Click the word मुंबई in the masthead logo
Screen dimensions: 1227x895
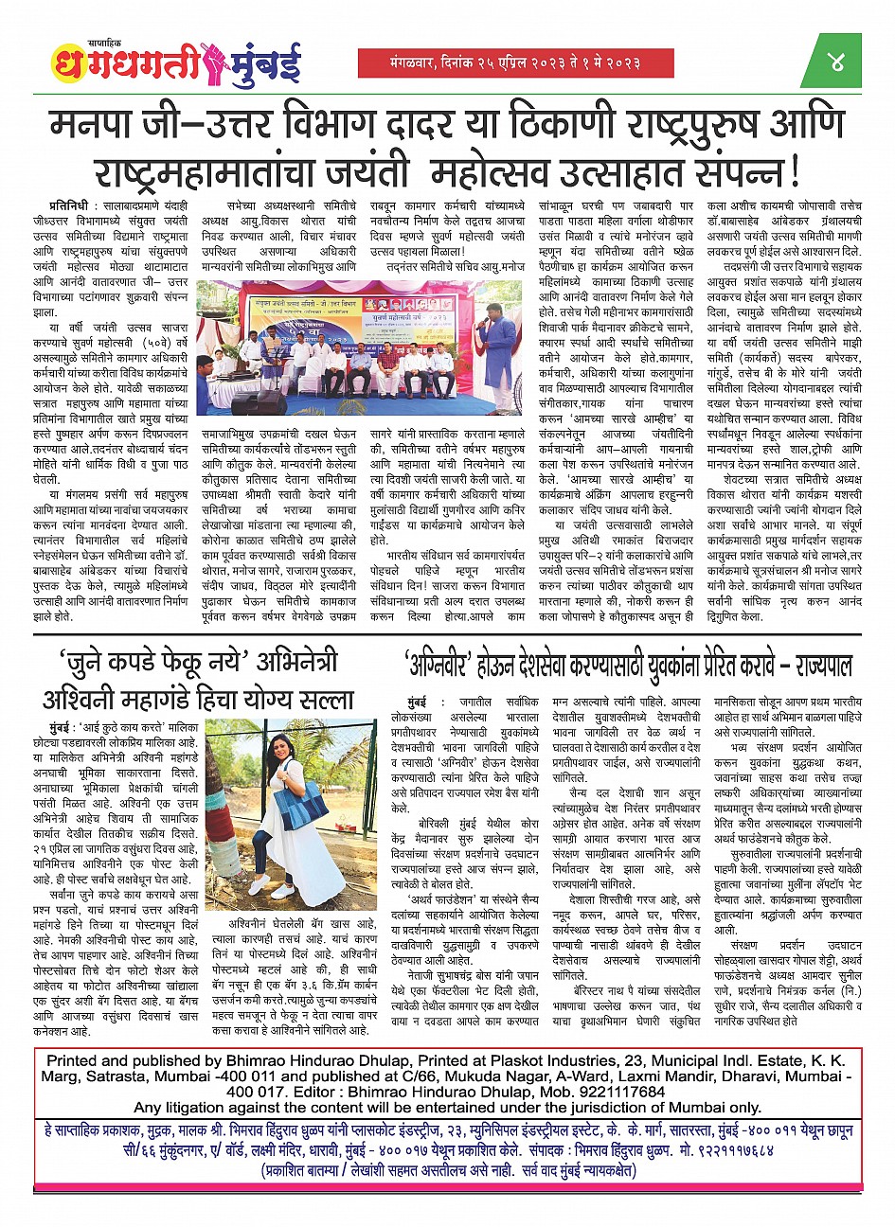[x=269, y=65]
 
